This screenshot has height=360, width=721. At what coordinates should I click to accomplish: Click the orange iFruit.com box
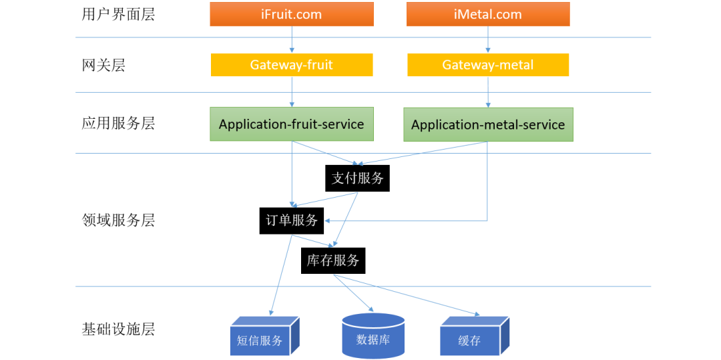[x=292, y=14]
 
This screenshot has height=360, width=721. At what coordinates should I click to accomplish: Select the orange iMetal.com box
[x=488, y=14]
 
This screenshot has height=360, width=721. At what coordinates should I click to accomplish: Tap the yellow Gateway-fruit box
[x=292, y=65]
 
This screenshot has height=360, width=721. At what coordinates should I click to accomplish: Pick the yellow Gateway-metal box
[x=488, y=65]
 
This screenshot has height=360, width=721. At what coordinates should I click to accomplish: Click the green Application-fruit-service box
[x=292, y=124]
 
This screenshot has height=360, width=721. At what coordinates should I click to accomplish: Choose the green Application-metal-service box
[x=488, y=125]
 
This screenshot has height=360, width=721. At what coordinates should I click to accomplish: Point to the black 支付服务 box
[x=358, y=178]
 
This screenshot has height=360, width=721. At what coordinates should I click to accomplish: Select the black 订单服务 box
[x=292, y=220]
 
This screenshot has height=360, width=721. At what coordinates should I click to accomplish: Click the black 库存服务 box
[x=333, y=260]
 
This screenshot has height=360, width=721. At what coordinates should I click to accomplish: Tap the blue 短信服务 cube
[x=260, y=339]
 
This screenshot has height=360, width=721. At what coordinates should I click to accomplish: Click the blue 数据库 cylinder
[x=373, y=338]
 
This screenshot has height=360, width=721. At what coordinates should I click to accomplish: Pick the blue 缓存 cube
[x=470, y=339]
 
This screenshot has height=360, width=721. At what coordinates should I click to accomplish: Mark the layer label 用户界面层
[x=118, y=14]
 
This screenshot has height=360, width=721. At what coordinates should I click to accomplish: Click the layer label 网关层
[x=103, y=65]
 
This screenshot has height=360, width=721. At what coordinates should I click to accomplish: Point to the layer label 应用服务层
[x=118, y=124]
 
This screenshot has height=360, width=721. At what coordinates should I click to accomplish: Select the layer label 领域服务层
[x=118, y=220]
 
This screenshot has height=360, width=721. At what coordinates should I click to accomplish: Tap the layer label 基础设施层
[x=118, y=329]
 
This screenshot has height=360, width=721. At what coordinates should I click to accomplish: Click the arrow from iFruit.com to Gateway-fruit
[x=292, y=39]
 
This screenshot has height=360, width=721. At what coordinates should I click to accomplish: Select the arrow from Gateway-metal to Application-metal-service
[x=488, y=92]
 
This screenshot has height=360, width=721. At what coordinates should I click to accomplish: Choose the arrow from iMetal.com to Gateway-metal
[x=488, y=39]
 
